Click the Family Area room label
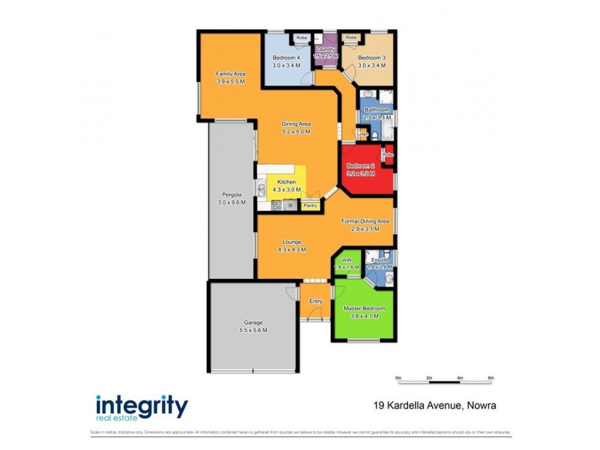[231, 73]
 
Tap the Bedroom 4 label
[286, 58]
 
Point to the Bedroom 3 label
[371, 58]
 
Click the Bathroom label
[377, 110]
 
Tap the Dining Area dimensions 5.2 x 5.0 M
[296, 132]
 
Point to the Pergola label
[231, 195]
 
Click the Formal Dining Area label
[365, 221]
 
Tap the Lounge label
[292, 241]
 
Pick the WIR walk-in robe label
[346, 260]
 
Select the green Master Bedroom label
[364, 309]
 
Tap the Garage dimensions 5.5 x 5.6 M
[252, 330]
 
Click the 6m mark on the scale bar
[490, 378]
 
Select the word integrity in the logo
[142, 405]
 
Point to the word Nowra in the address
[481, 406]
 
